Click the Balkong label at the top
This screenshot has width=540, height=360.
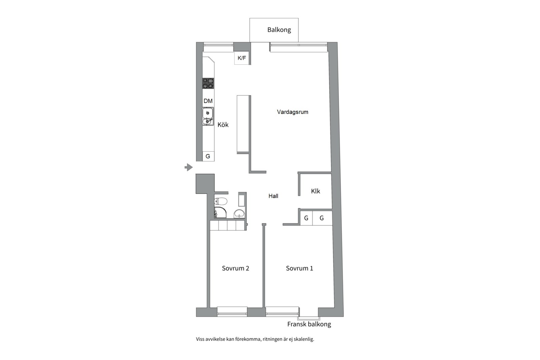pyautogui.click(x=279, y=30)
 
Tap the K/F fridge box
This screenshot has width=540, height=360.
pyautogui.click(x=242, y=58)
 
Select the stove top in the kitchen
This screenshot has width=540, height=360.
pyautogui.click(x=208, y=83)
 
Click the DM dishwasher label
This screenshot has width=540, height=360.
pyautogui.click(x=208, y=101)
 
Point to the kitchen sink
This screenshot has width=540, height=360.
pyautogui.click(x=208, y=116)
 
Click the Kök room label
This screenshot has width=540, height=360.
pyautogui.click(x=223, y=125)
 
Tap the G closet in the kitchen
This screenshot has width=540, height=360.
pyautogui.click(x=208, y=156)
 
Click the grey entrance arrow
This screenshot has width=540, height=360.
pyautogui.click(x=189, y=167)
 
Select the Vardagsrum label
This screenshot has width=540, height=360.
pyautogui.click(x=292, y=112)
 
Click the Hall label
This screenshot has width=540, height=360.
pyautogui.click(x=273, y=196)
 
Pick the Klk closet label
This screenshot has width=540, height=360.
pyautogui.click(x=315, y=191)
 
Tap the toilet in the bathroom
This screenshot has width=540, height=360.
pyautogui.click(x=221, y=201)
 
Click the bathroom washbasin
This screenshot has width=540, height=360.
pyautogui.click(x=239, y=213)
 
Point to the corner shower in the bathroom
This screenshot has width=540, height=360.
pyautogui.click(x=220, y=213)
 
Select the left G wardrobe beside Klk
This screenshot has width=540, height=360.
pyautogui.click(x=306, y=218)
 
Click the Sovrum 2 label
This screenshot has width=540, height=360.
pyautogui.click(x=235, y=268)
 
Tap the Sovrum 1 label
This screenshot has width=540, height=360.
pyautogui.click(x=299, y=268)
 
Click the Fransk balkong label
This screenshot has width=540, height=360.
pyautogui.click(x=309, y=324)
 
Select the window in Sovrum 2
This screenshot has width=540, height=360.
pyautogui.click(x=232, y=311)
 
